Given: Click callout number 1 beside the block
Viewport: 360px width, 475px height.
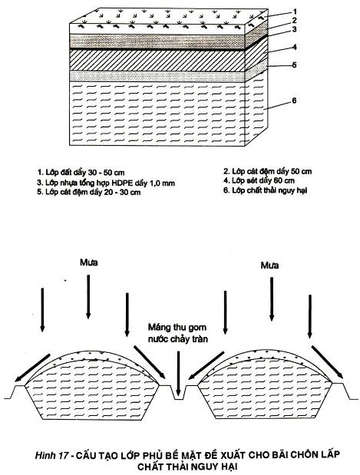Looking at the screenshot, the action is click(295, 12).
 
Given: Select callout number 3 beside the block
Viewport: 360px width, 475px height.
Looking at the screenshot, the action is click(294, 29).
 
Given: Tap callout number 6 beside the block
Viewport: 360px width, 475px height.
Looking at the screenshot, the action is click(294, 101).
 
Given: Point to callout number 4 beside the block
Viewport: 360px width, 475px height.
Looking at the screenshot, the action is click(295, 48).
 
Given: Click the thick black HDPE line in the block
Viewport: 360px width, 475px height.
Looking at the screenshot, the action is click(157, 49).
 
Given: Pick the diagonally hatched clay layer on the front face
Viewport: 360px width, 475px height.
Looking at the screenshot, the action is click(157, 61).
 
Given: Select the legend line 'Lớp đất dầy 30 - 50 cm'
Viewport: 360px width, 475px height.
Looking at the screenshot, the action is click(81, 173).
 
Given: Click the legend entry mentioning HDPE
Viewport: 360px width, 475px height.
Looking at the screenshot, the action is click(106, 183).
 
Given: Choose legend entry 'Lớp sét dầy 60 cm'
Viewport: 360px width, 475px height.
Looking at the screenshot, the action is click(259, 181).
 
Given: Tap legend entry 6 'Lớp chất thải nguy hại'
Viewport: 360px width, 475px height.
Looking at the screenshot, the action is click(266, 190).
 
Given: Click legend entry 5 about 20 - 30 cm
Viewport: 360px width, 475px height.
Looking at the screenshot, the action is click(89, 193).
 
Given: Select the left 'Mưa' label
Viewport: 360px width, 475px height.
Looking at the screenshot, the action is click(89, 262).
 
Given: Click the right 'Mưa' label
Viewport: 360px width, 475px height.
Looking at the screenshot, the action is click(269, 266).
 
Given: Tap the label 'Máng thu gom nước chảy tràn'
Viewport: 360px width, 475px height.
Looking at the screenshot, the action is click(178, 333).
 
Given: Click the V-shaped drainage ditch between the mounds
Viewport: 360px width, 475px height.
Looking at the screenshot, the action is click(178, 393).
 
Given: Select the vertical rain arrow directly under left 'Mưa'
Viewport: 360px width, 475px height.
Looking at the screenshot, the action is click(88, 297).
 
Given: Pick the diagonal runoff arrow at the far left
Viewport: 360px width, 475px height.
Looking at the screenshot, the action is click(32, 368).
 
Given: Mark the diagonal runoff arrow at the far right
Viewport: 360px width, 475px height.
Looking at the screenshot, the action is click(328, 362).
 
